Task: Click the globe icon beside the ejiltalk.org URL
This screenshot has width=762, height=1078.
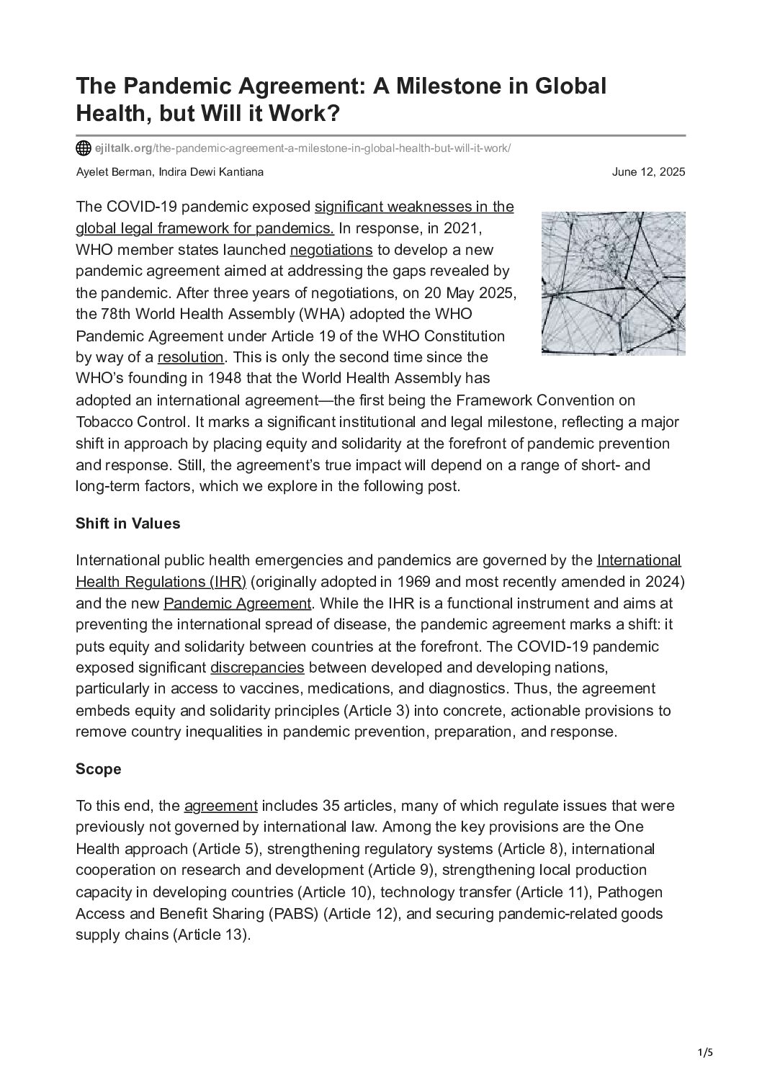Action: (x=84, y=148)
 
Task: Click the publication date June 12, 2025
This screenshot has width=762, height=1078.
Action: (x=648, y=172)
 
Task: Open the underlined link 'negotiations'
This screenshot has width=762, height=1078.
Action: (x=331, y=250)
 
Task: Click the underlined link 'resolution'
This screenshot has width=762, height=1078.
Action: (x=190, y=357)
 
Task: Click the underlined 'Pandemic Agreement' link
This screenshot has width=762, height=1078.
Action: (x=237, y=603)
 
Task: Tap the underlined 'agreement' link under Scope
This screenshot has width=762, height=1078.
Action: (x=220, y=806)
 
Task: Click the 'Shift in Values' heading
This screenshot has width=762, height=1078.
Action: (x=127, y=524)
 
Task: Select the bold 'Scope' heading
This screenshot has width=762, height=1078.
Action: (x=98, y=769)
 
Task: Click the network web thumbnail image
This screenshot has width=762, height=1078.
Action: (x=613, y=283)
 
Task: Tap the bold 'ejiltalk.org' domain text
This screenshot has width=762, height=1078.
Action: (x=123, y=148)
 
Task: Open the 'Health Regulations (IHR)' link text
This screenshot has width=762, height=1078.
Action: (x=161, y=581)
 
